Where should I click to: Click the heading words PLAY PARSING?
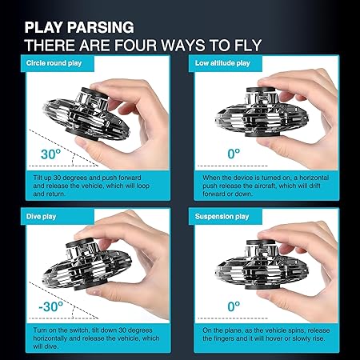79,27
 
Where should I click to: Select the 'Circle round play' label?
54,63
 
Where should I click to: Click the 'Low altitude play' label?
222,63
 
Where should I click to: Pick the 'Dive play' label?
41,216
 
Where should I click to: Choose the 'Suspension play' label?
222,217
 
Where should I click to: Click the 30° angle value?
50,154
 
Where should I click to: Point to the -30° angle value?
50,306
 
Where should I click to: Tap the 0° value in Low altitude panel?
234,154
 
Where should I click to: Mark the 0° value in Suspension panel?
234,306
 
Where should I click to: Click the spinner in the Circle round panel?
86,114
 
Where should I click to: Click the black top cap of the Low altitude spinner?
260,90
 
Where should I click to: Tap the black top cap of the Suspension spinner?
260,242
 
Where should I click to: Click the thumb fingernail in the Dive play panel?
93,292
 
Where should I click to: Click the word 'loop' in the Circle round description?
142,186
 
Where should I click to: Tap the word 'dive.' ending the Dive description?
46,346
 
